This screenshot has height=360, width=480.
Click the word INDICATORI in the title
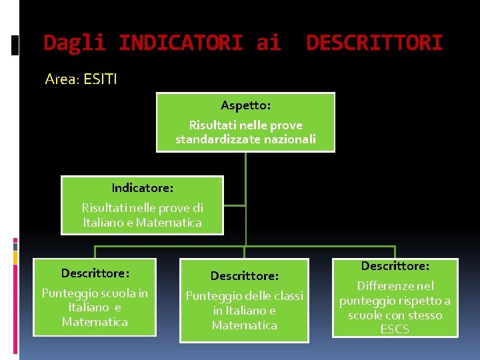tap(180, 43)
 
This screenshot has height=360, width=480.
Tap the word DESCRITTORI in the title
tap(374, 43)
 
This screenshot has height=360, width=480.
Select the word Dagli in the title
tap(74, 43)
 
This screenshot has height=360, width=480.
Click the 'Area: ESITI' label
tap(81, 79)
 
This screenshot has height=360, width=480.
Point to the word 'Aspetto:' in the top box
tap(245, 105)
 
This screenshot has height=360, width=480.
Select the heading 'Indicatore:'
tap(142, 188)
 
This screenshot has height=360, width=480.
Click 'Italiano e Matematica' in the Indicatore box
tap(142, 223)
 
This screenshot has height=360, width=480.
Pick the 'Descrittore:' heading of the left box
tap(95, 273)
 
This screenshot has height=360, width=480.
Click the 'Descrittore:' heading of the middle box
tap(244, 276)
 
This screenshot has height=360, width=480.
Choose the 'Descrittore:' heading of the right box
tap(395, 266)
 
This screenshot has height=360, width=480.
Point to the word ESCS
tap(395, 329)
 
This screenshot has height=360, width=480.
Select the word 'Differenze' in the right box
tap(386, 286)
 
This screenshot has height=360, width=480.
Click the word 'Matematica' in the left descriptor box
tap(95, 323)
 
